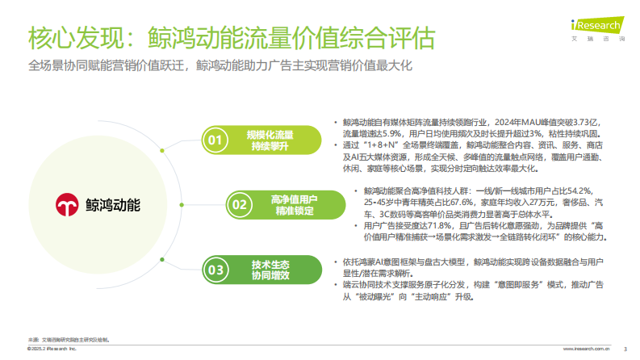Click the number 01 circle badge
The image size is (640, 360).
214,140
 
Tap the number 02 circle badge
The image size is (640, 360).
240,204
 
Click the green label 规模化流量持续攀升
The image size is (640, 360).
271,140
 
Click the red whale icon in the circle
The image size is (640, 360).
66,205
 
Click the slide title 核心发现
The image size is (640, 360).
77,38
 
